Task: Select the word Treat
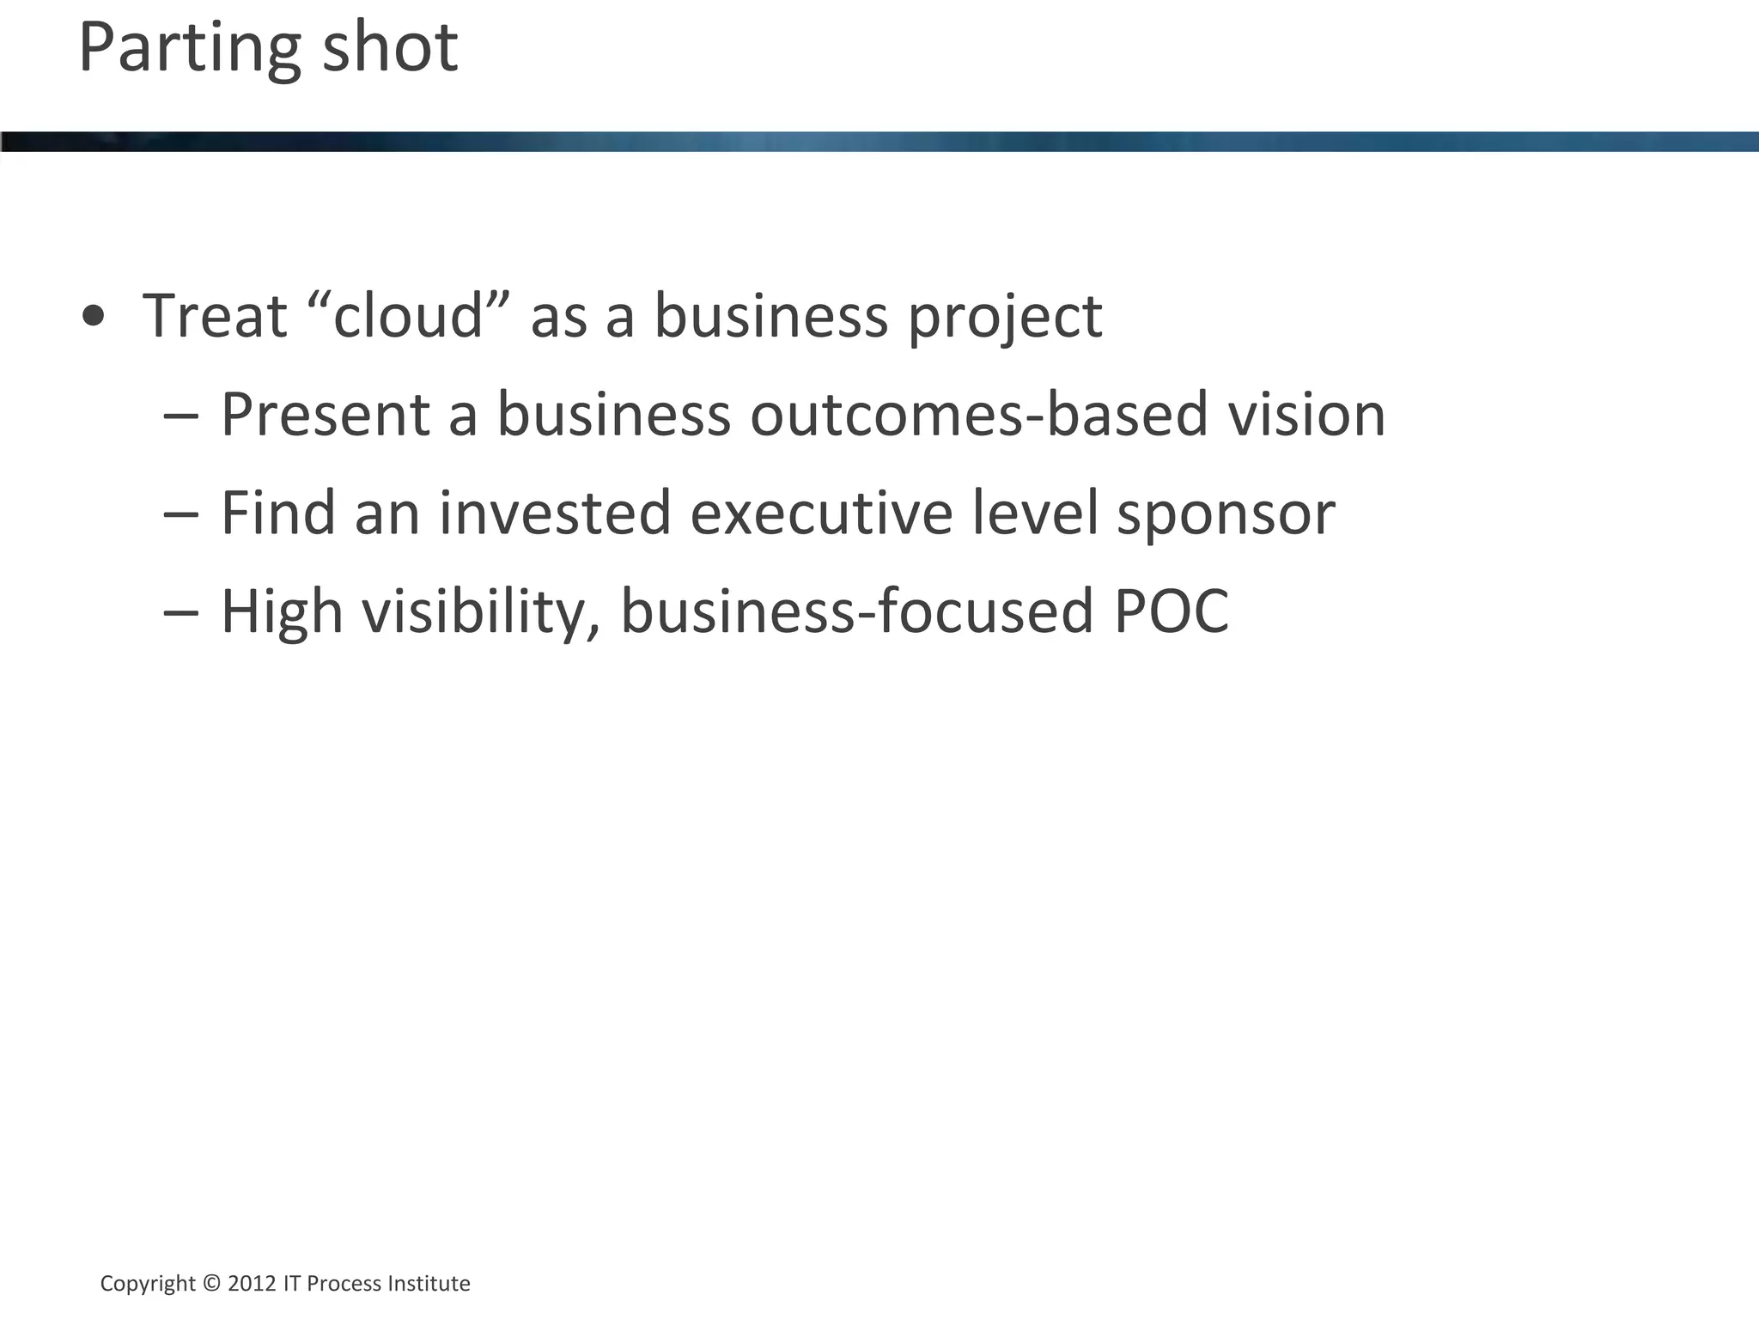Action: coord(215,316)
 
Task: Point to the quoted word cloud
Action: coord(408,316)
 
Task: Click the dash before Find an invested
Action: coord(180,514)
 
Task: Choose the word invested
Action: coord(554,514)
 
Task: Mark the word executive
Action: coord(821,514)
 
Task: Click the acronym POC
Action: coord(1172,612)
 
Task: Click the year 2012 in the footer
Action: coord(252,1284)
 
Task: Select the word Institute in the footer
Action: coord(429,1284)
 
